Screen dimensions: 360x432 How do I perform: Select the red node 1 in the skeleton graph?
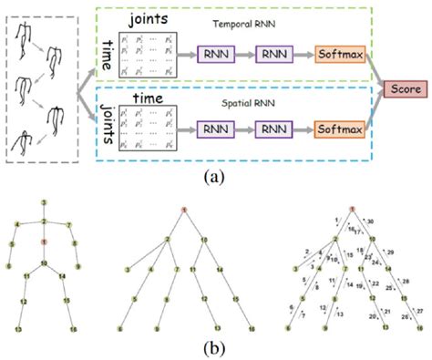coord(43,242)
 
